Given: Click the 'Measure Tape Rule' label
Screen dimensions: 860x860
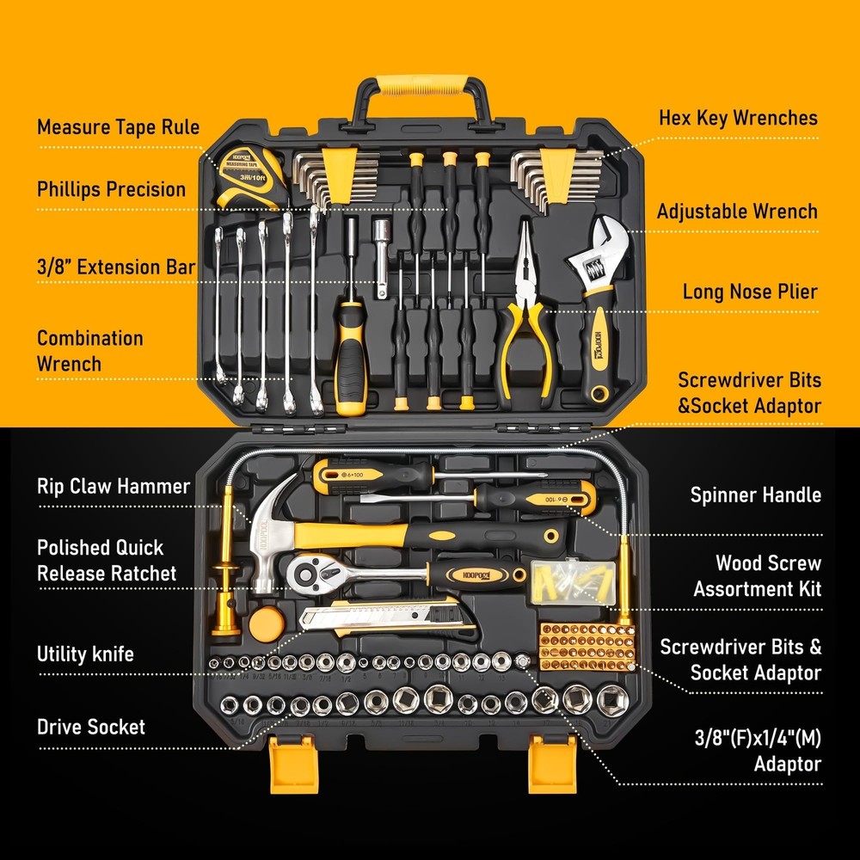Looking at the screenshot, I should coord(118,128).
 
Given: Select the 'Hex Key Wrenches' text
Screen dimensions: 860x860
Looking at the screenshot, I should coord(738,118).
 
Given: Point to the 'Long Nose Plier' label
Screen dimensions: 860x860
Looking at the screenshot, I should coord(750,292).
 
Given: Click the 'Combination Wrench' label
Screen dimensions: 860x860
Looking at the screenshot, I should coord(89,351).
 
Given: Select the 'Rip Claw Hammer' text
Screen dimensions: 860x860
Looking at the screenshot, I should coord(114,486).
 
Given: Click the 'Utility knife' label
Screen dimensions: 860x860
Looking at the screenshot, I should coord(85,654).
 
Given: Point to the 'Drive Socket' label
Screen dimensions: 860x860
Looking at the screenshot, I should coord(91,727).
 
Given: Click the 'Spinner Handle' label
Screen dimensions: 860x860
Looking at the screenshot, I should coord(755,494).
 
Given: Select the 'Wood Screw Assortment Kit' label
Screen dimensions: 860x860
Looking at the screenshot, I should coord(757,576).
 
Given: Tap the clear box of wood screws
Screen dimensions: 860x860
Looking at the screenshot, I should coord(574,580).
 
